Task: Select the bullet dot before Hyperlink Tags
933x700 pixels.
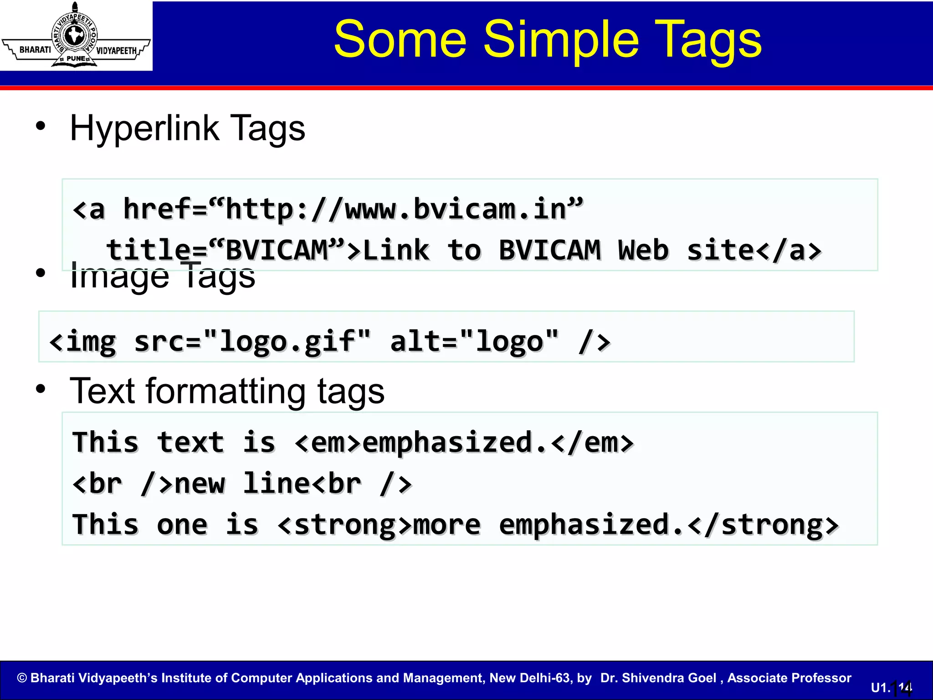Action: [x=41, y=126]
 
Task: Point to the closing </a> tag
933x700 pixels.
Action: [x=789, y=251]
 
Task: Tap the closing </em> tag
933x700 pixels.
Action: [x=592, y=443]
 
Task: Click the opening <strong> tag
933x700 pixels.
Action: [x=344, y=525]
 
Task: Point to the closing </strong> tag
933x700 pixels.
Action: [x=763, y=525]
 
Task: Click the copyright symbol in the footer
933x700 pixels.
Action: [x=22, y=678]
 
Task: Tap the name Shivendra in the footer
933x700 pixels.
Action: [x=669, y=678]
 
